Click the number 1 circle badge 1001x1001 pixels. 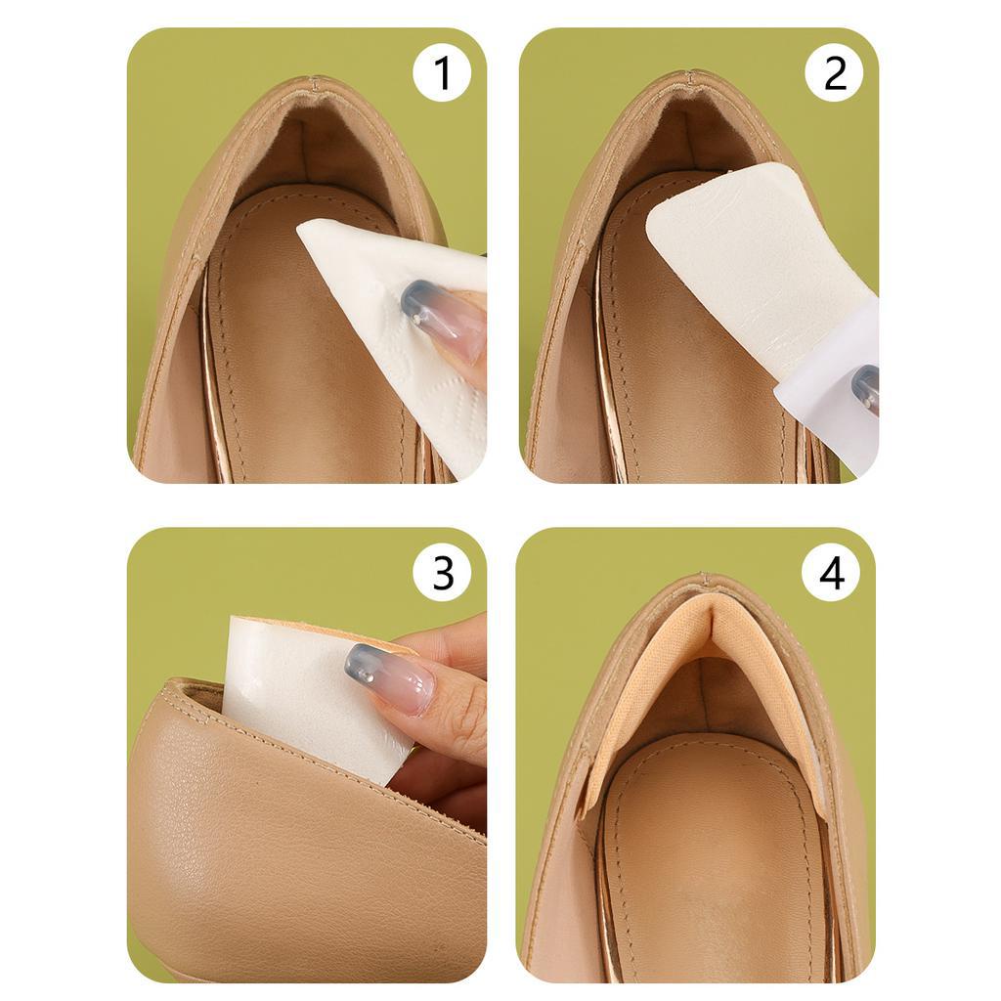click(442, 72)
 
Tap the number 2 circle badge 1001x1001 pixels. click(835, 72)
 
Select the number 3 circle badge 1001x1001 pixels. click(443, 572)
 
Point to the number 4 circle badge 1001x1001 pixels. click(831, 572)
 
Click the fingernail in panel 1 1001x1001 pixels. click(441, 321)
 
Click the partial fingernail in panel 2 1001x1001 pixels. click(865, 386)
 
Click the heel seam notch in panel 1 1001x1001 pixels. click(313, 82)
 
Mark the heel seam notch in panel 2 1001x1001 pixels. click(691, 76)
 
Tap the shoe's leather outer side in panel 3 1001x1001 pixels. click(293, 855)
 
